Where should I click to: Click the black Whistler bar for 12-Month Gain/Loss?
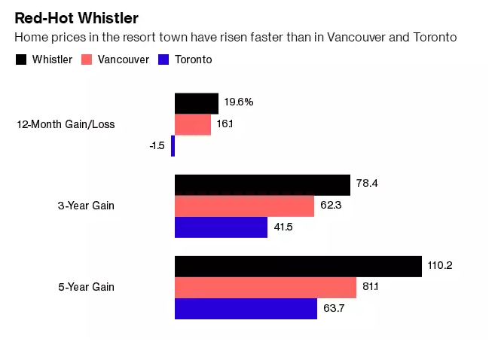click(197, 103)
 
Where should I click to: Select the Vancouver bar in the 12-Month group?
click(193, 124)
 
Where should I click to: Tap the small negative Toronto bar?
click(173, 145)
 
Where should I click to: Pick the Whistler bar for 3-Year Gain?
click(262, 185)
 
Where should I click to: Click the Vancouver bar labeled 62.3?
click(244, 206)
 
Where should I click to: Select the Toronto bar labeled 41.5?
click(221, 227)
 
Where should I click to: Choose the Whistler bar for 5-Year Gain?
click(298, 266)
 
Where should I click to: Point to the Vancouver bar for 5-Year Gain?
click(265, 287)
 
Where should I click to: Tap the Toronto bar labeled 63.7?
click(246, 308)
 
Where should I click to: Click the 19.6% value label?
click(238, 102)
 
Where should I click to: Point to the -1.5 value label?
click(157, 145)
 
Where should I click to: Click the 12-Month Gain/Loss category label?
click(66, 124)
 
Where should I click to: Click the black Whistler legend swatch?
click(20, 59)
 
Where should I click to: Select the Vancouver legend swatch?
click(87, 59)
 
